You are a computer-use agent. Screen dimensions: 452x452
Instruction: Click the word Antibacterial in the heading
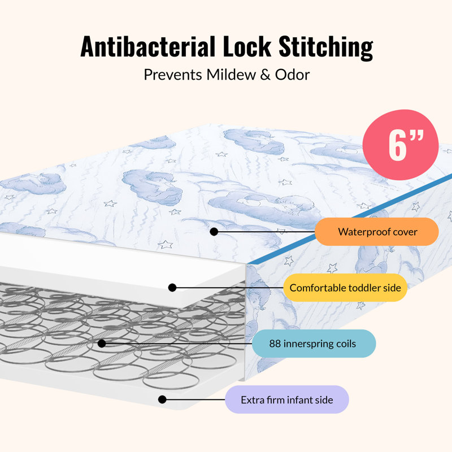tap(148, 46)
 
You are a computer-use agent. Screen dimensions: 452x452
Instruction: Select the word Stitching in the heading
tap(326, 47)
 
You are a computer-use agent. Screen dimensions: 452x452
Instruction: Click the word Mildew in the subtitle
tap(231, 75)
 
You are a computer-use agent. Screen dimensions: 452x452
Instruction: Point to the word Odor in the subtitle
tap(292, 75)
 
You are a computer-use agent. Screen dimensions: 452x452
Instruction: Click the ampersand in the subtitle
tap(266, 75)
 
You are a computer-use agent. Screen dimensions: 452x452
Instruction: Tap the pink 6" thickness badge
tap(401, 145)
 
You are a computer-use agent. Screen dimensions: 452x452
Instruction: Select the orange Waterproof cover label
tap(377, 232)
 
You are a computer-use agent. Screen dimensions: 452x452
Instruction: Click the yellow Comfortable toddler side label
tap(345, 288)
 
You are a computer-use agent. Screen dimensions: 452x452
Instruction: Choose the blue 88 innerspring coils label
tap(314, 344)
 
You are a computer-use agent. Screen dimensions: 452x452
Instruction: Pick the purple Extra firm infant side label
tap(287, 399)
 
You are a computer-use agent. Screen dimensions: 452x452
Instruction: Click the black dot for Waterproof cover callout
tap(214, 232)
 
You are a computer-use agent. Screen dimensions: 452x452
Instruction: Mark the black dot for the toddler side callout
tap(172, 288)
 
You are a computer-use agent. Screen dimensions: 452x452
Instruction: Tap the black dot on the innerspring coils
tap(102, 344)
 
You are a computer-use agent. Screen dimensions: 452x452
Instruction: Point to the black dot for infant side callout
tap(162, 399)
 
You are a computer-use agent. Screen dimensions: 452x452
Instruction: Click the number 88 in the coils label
tap(275, 344)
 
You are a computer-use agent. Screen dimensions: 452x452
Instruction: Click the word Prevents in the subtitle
tap(173, 75)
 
